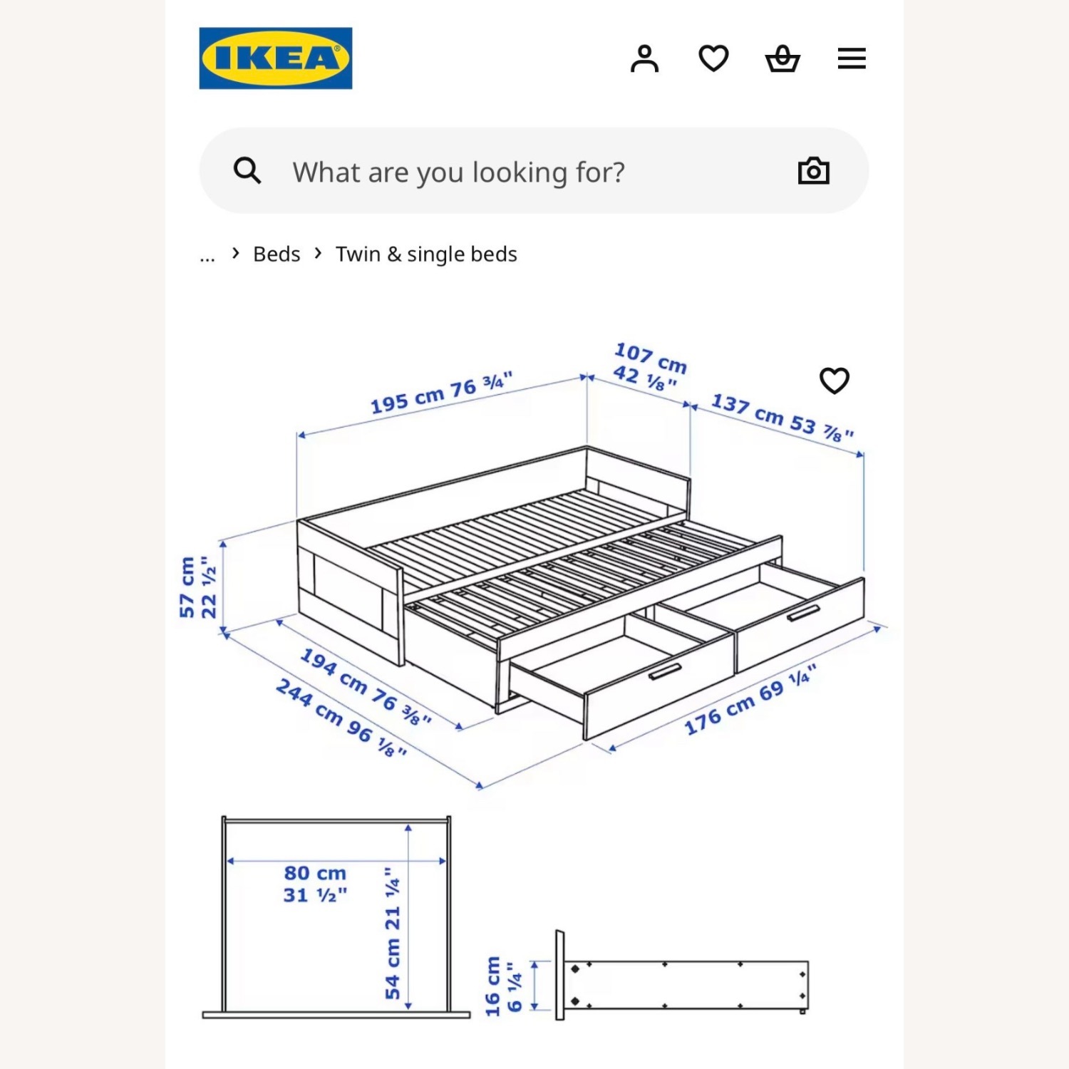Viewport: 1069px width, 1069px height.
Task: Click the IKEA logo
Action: (x=275, y=58)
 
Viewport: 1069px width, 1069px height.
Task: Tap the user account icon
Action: (x=644, y=58)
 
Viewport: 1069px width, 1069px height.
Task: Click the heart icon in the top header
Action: (x=713, y=58)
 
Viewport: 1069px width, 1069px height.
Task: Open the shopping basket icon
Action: (x=783, y=58)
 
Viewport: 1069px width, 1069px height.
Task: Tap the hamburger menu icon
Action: (x=852, y=58)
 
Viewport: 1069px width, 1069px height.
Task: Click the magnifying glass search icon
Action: (x=247, y=171)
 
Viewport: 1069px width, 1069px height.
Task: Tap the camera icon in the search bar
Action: (x=813, y=171)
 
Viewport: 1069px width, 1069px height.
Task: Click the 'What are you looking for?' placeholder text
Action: (x=458, y=172)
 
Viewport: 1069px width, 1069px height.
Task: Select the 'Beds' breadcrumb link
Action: (x=277, y=254)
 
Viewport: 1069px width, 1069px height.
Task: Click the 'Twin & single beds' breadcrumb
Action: (x=426, y=254)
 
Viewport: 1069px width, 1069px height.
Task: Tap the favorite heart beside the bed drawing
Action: (x=835, y=381)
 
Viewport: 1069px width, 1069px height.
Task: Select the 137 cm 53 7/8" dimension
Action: (x=782, y=418)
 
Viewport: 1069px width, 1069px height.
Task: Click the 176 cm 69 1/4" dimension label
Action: (x=750, y=700)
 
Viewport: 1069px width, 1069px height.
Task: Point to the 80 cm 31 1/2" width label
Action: (x=315, y=884)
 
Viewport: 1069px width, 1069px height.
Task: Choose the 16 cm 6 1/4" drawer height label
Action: (x=503, y=986)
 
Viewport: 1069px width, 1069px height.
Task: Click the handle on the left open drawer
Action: (x=665, y=672)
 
